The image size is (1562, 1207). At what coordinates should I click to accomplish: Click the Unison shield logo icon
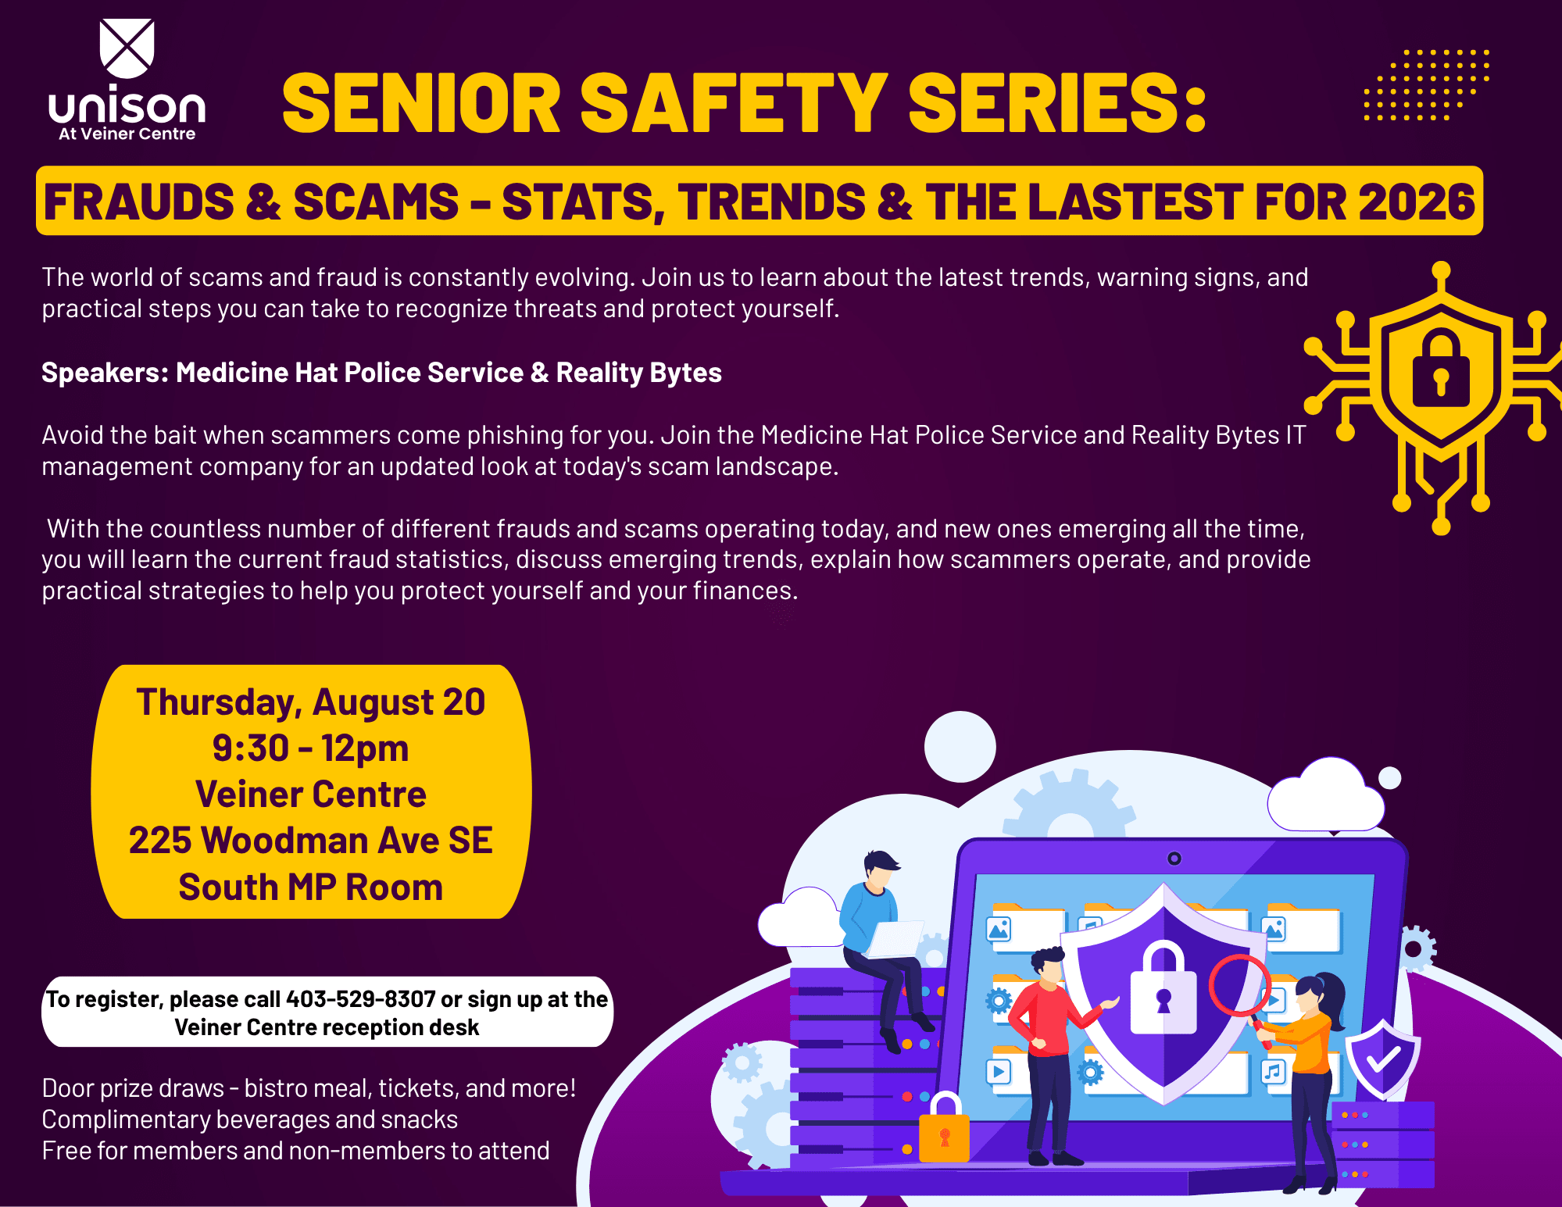click(x=127, y=48)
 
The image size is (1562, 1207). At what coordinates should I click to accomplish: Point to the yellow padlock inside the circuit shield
click(x=1441, y=367)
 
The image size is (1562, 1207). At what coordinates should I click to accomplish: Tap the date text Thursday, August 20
click(x=311, y=702)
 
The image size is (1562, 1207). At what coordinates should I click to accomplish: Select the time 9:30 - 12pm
click(x=311, y=748)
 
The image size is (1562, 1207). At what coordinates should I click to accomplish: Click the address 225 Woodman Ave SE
click(x=311, y=841)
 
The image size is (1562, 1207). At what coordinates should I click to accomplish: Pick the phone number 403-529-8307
click(x=361, y=999)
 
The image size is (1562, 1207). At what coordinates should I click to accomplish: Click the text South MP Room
click(x=311, y=887)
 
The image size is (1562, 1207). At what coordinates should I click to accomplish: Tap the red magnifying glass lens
click(x=1240, y=985)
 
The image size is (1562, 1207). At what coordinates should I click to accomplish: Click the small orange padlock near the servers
click(x=944, y=1128)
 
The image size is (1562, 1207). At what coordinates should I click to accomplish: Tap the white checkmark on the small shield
click(x=1383, y=1059)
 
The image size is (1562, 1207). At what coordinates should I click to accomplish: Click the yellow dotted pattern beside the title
click(x=1427, y=85)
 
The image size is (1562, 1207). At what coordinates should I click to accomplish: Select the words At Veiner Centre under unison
click(x=127, y=134)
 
